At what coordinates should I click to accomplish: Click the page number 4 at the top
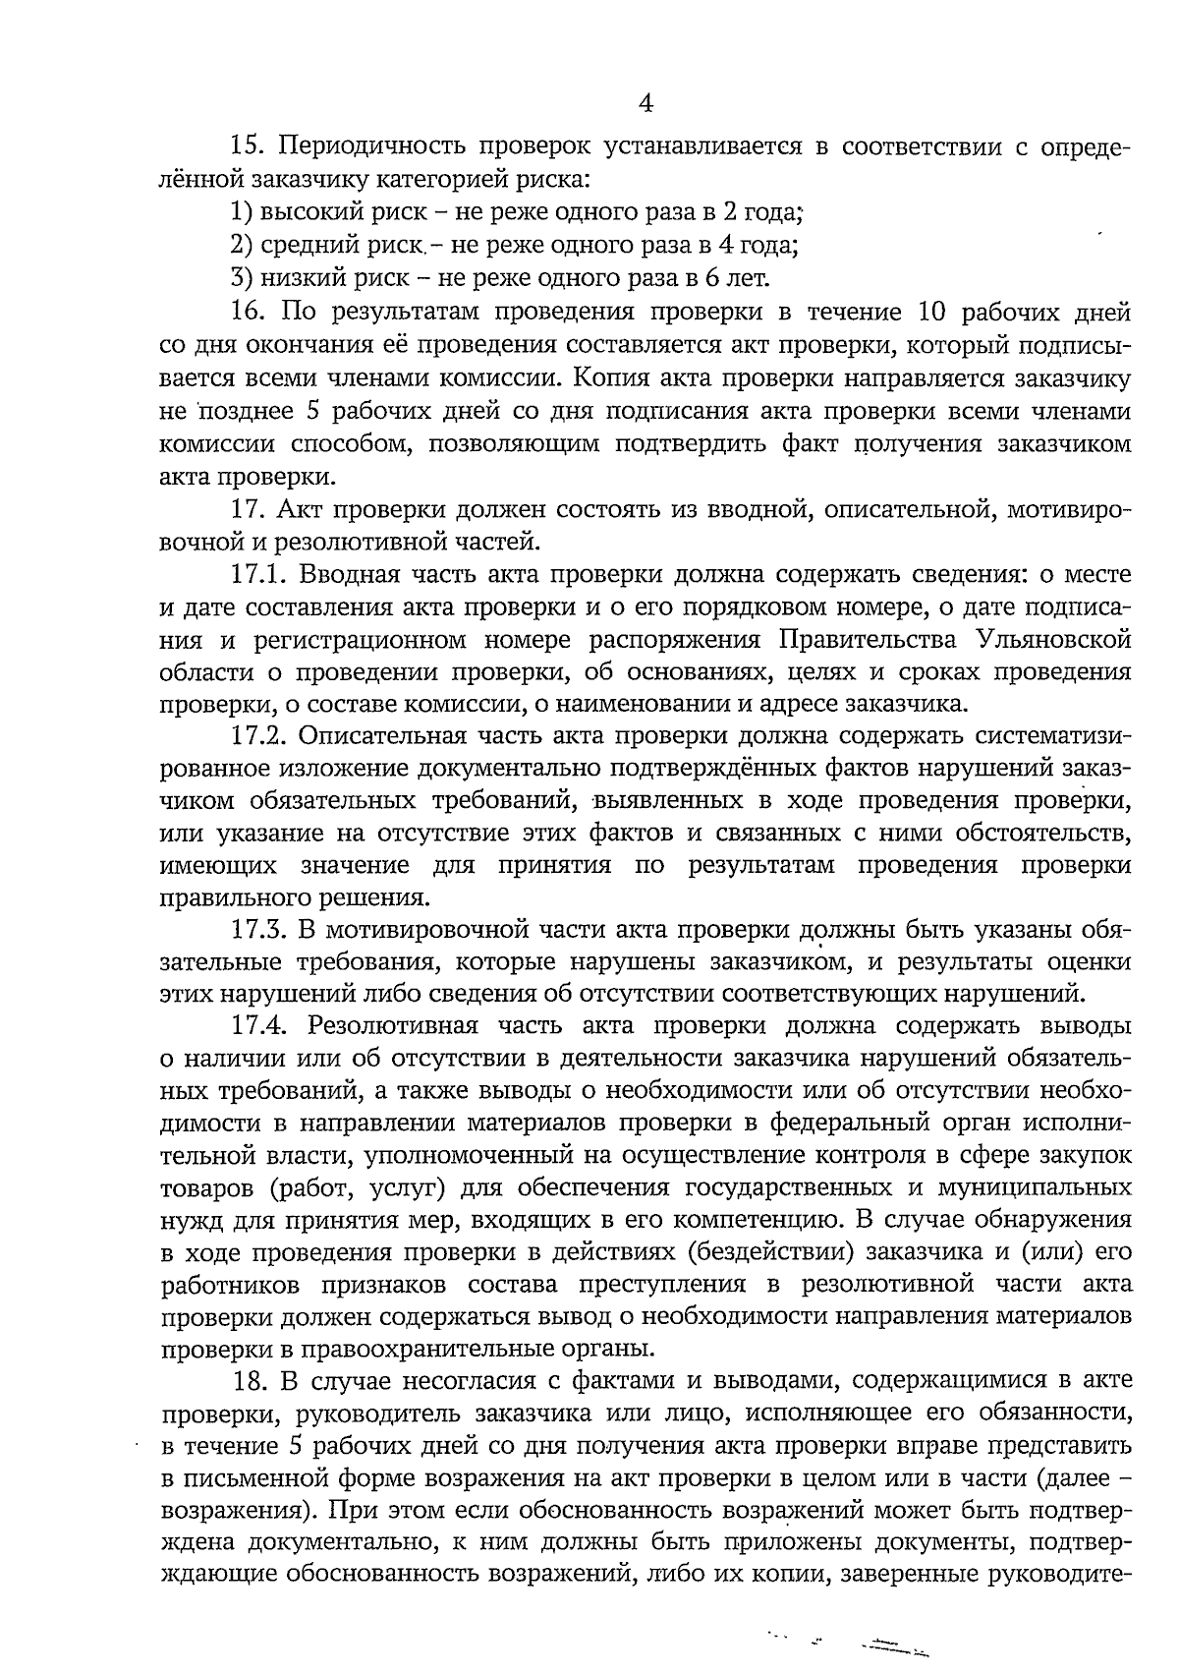click(646, 103)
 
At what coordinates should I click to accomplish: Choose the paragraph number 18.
click(252, 1382)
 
